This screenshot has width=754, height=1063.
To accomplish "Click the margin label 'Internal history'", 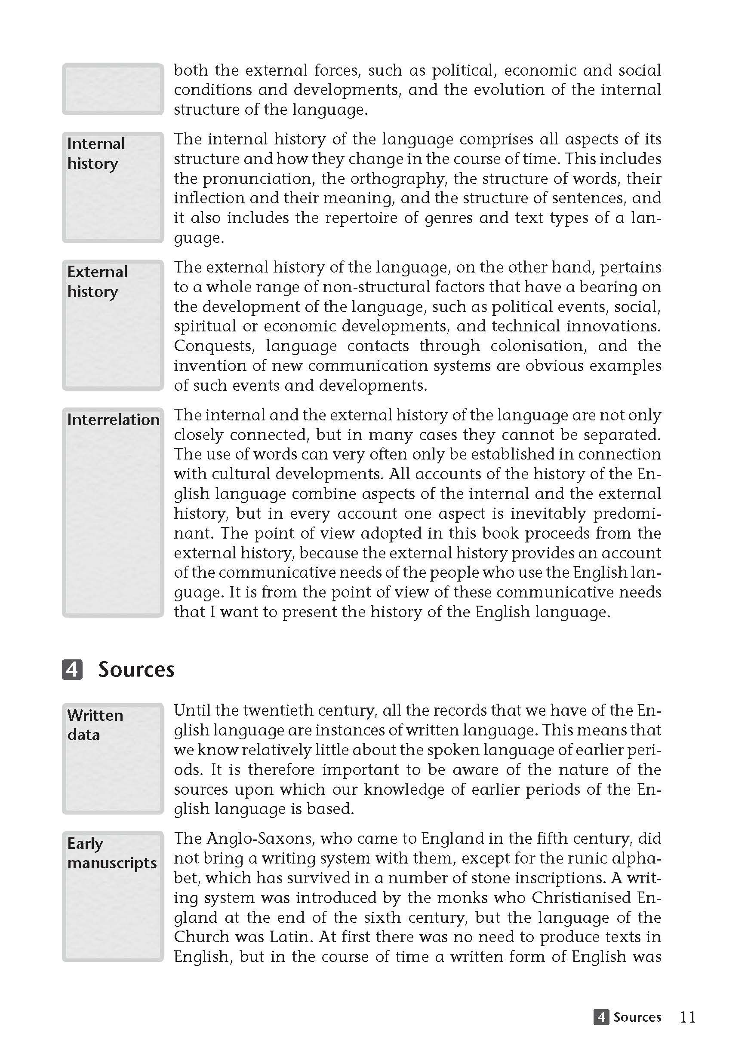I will coord(96,153).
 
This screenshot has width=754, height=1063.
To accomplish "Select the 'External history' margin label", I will coord(97,282).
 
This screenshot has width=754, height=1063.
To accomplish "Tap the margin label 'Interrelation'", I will coord(113,420).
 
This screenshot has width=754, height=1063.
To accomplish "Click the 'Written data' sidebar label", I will coord(95,725).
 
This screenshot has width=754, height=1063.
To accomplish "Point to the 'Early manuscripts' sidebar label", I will coord(112,853).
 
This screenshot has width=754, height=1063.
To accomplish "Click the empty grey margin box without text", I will coord(113,89).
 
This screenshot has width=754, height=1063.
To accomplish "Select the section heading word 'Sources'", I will coord(136,670).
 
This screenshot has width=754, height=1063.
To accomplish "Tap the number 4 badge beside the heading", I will coord(72,670).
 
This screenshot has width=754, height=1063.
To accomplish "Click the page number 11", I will coord(688,1017).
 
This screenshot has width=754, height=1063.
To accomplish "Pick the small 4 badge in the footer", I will coord(601,1017).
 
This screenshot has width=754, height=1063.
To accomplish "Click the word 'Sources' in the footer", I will coord(637,1017).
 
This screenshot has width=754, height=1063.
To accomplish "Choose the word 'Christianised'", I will coord(581,898).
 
